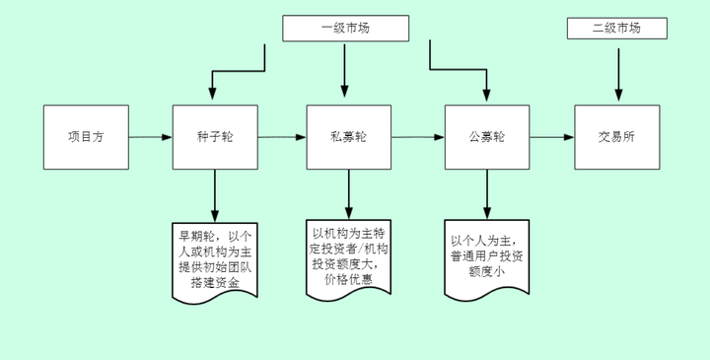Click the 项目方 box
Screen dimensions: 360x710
click(86, 137)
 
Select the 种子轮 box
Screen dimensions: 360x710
click(214, 137)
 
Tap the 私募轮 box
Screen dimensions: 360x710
click(348, 137)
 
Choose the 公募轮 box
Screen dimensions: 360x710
click(486, 137)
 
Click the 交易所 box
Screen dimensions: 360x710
click(617, 137)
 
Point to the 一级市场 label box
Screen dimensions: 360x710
click(344, 29)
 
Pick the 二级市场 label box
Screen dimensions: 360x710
click(616, 28)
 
